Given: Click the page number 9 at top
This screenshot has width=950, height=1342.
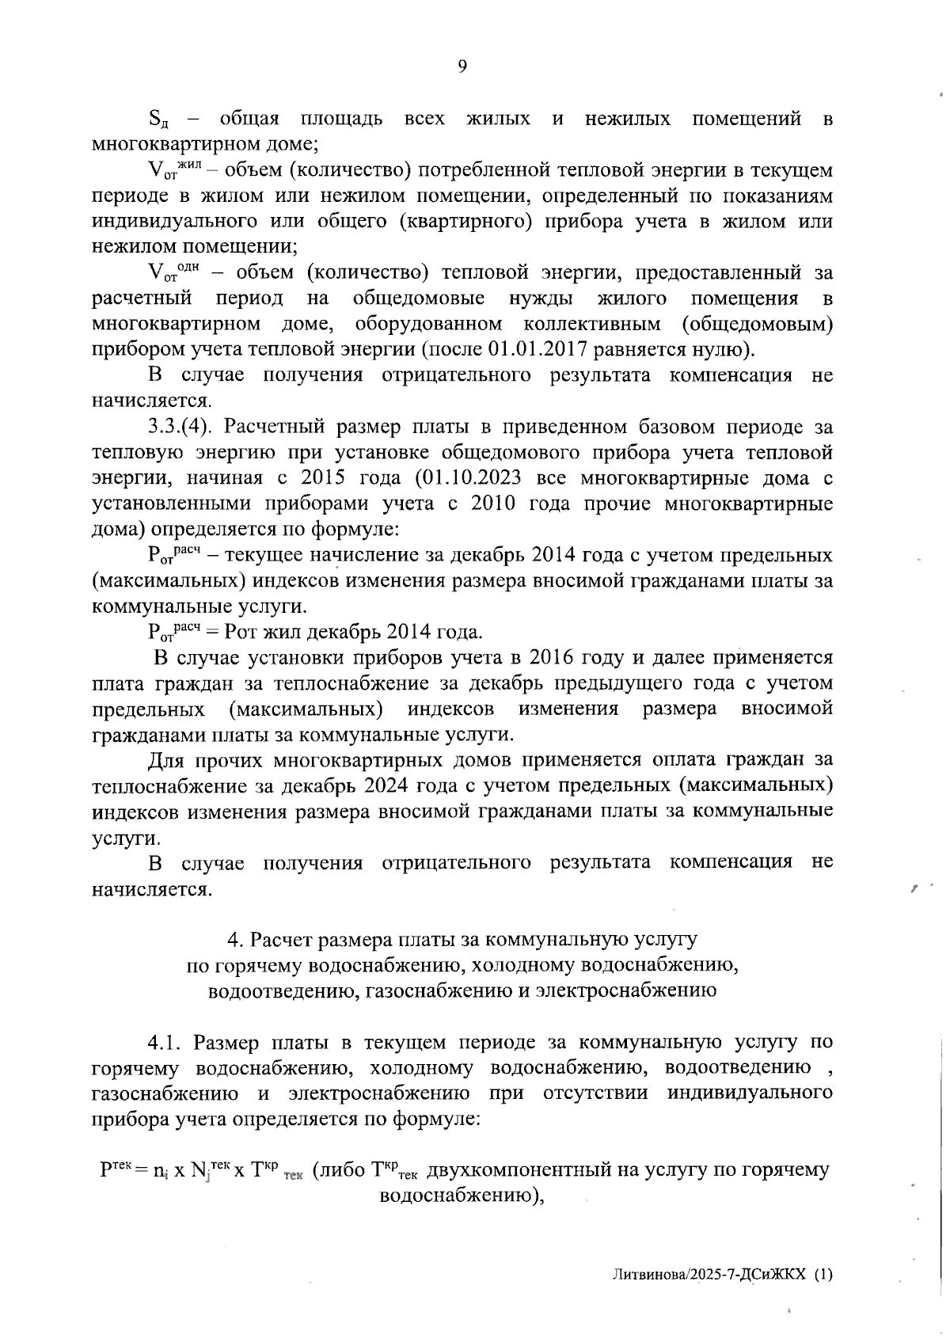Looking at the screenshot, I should pyautogui.click(x=462, y=67).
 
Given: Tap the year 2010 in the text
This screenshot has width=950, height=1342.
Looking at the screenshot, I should pyautogui.click(x=496, y=504).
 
